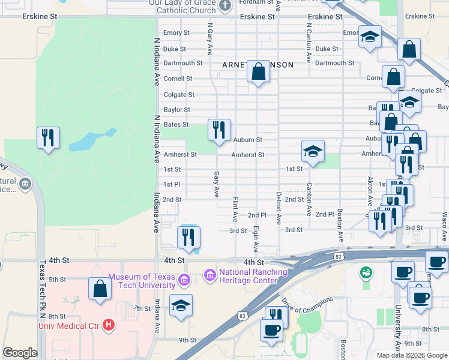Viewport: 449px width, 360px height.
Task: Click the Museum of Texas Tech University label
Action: tap(142, 280)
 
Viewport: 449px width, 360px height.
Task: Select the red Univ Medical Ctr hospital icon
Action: tap(109, 326)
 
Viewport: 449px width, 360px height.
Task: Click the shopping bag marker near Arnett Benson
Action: tap(258, 72)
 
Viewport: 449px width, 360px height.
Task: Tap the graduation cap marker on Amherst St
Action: tap(312, 152)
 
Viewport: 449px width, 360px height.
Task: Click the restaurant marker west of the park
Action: tap(47, 138)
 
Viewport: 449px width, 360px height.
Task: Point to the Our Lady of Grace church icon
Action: tap(225, 6)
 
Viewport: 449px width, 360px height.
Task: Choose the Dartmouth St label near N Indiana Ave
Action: tap(182, 63)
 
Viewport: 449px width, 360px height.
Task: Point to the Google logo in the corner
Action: tap(20, 353)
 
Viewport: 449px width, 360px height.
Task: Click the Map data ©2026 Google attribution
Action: tap(411, 355)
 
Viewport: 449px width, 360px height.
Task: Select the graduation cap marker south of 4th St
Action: tap(181, 305)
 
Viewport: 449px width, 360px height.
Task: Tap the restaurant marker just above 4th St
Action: tap(188, 237)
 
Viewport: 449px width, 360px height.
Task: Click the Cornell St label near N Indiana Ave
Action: tap(178, 79)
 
